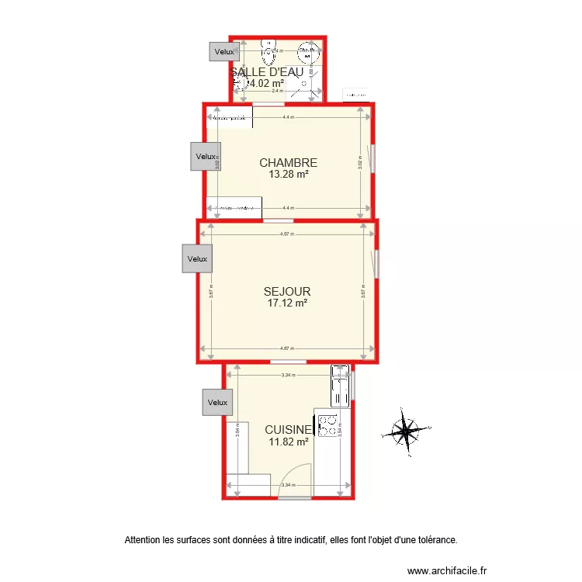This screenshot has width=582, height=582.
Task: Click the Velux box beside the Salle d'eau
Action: coord(224,51)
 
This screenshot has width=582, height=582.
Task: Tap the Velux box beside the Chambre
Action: coord(206,156)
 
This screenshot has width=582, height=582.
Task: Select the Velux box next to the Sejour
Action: coord(197,258)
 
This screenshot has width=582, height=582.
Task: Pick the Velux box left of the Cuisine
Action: coord(218,402)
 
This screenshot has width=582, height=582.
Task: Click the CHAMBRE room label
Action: coord(288,163)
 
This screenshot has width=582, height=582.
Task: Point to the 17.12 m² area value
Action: coord(287,303)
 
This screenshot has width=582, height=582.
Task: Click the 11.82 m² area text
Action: coord(289,442)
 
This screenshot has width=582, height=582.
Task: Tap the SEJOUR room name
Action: coord(287,292)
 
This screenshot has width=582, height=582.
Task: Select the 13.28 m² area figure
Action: coord(288,174)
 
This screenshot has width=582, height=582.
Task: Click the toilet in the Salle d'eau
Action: coord(269,53)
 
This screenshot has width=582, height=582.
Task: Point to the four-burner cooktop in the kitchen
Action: coord(327,424)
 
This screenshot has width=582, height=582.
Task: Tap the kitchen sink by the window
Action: coord(340,386)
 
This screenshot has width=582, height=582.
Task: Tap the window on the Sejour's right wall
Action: coord(376,263)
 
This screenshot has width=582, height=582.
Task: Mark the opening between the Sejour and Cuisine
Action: coord(287,362)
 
